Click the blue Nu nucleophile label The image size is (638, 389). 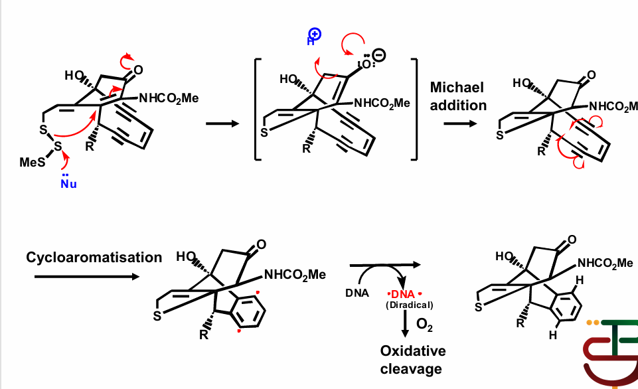coord(68,183)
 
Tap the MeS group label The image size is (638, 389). coord(32,163)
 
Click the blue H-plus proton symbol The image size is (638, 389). coord(313,38)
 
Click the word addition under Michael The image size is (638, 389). coord(458,105)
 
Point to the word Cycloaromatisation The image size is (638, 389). coord(94,257)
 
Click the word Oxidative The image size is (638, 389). coord(412,350)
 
